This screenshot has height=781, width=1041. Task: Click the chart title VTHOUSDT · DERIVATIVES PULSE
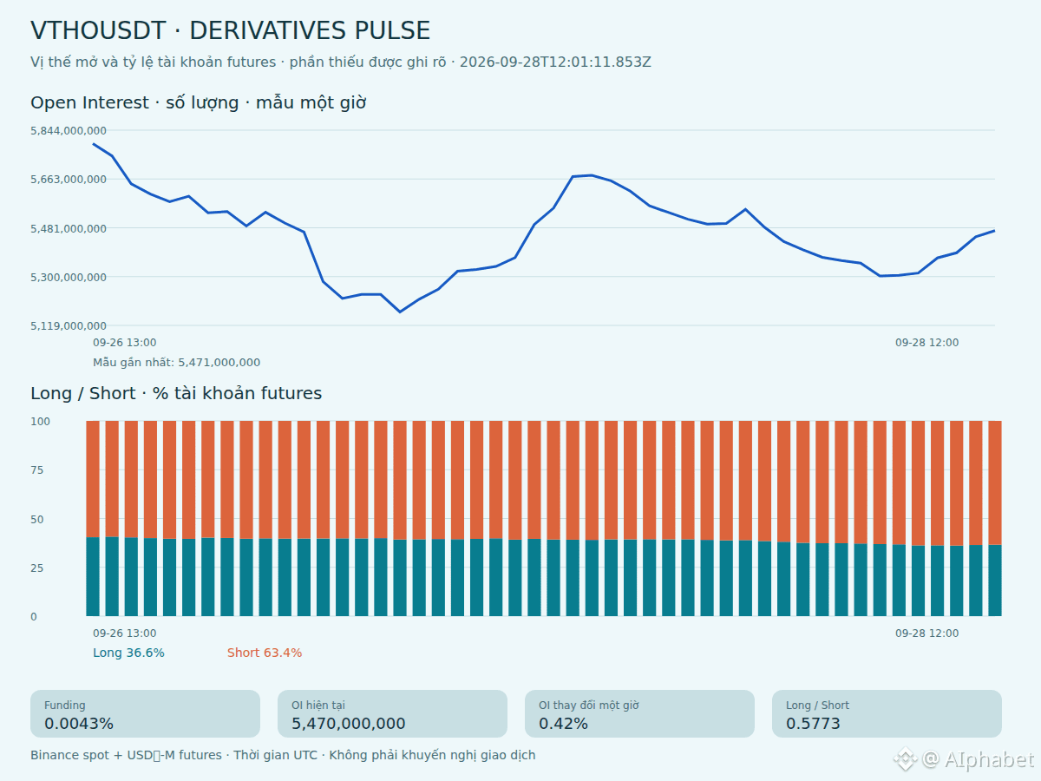230,31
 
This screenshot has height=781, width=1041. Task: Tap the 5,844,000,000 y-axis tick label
69,131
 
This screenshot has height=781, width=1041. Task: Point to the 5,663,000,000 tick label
69,180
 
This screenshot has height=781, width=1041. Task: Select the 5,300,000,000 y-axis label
69,278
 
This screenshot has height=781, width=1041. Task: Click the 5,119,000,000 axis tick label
69,325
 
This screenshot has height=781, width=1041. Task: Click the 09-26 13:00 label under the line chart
124,343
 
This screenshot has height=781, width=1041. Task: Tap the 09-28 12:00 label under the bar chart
926,633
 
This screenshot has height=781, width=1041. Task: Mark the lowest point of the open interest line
400,312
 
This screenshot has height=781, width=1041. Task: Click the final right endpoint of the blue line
994,231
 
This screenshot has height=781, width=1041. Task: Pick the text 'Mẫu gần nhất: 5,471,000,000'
176,363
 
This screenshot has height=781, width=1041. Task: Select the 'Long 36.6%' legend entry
128,653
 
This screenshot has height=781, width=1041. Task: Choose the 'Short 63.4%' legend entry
265,653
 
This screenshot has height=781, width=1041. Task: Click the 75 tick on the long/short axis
37,470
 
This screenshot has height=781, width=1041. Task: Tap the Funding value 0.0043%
79,724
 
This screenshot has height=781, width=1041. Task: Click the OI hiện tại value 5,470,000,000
348,724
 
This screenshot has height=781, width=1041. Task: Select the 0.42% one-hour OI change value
563,724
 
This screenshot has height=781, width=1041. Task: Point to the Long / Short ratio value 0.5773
813,724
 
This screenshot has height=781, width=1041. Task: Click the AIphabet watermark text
989,759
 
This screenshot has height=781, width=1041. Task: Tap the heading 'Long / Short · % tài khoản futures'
176,394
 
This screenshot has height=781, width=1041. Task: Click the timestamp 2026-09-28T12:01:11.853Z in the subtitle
555,62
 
